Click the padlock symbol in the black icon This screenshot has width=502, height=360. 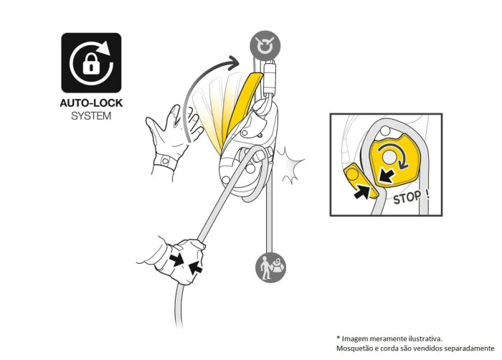[x=91, y=63]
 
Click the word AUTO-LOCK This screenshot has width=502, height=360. [x=91, y=103]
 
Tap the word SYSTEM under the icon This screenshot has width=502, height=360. [x=91, y=116]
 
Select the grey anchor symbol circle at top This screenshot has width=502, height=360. [x=265, y=46]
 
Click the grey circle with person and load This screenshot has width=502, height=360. [x=270, y=267]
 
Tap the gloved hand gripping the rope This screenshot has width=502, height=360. [x=182, y=260]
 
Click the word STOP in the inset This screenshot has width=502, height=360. [x=407, y=198]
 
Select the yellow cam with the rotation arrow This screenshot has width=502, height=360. [x=395, y=161]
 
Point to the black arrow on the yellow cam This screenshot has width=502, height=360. [x=386, y=176]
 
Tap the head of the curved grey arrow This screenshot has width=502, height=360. [x=235, y=61]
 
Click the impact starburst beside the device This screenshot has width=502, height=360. [x=290, y=165]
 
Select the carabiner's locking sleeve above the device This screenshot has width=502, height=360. [x=270, y=78]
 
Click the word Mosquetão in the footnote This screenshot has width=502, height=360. [x=353, y=348]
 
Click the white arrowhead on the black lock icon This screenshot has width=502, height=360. [x=104, y=48]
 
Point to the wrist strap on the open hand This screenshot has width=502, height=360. [x=165, y=161]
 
